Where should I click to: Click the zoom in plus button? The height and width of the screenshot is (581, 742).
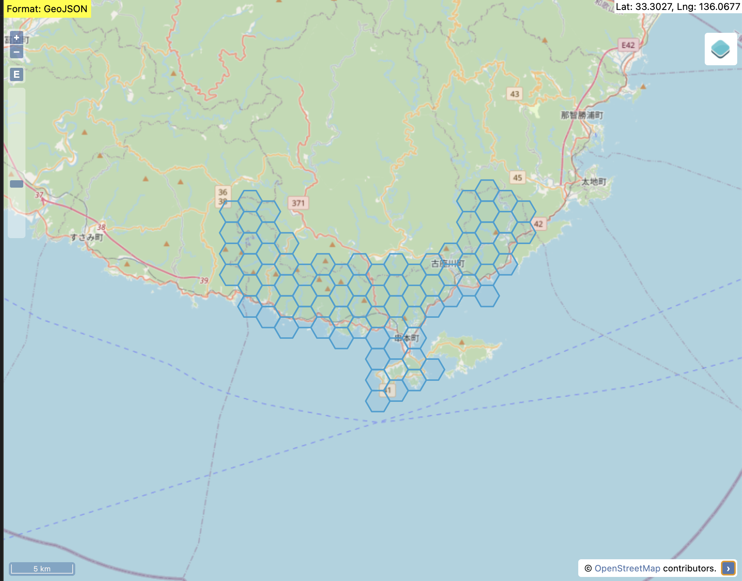[17, 38]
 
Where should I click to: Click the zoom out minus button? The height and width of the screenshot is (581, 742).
[17, 52]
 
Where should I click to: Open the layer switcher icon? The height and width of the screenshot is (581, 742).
[720, 49]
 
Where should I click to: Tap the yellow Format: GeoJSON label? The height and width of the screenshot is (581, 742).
[47, 9]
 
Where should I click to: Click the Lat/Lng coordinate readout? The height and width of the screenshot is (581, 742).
[678, 7]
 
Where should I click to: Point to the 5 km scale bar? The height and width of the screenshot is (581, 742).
[42, 568]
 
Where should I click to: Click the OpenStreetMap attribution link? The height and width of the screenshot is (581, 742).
[627, 568]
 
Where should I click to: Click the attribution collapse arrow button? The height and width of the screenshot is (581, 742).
[728, 568]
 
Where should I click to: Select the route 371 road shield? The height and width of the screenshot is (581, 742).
[298, 203]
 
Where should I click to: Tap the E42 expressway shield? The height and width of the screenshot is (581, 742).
[628, 45]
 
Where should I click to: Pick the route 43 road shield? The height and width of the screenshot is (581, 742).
[514, 94]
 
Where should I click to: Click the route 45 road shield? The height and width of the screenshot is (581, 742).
[517, 178]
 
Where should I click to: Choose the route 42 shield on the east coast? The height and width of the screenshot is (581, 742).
[538, 224]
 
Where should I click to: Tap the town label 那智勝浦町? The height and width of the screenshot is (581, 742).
[582, 115]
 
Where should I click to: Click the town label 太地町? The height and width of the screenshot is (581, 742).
[594, 182]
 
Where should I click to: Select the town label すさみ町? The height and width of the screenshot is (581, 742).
[87, 237]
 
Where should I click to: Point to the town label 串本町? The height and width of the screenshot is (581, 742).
[407, 338]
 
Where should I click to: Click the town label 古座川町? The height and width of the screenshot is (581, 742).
[448, 264]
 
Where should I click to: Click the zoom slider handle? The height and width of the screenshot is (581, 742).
[17, 184]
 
